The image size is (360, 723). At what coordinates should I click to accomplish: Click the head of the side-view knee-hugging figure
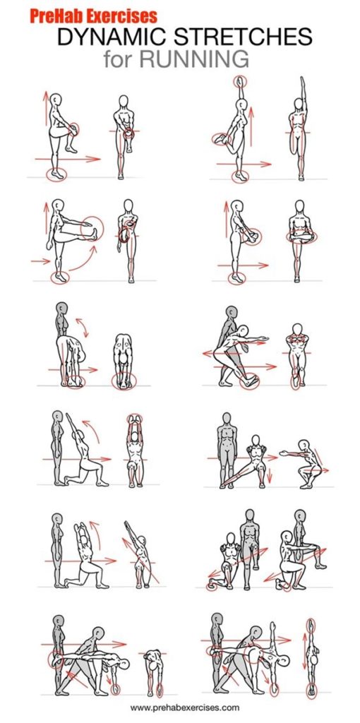click(58, 100)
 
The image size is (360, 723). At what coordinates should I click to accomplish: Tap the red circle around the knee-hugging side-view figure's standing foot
click(55, 173)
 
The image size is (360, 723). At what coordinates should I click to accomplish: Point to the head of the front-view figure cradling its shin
click(299, 208)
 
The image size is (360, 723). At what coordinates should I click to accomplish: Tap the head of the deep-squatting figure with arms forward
click(304, 445)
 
